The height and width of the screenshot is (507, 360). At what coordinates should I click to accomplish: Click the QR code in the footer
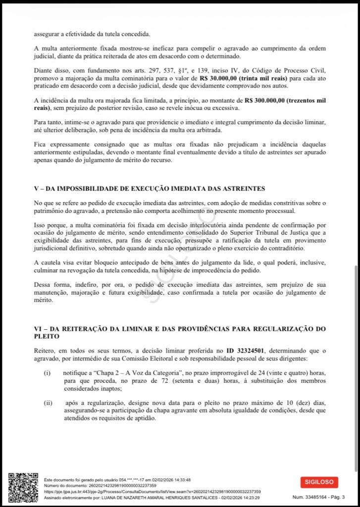pos(23,488)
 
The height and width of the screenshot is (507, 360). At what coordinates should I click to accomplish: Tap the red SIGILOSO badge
pos(319,482)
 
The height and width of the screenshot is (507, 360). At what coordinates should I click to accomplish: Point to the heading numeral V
pos(37,188)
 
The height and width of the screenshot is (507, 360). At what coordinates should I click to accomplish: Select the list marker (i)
pos(47,372)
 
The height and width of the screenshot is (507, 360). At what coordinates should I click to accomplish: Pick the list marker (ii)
pos(48,403)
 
